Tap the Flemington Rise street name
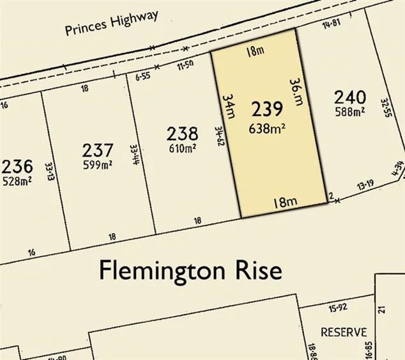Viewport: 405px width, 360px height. point(190,270)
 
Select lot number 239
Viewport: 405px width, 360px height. point(267,109)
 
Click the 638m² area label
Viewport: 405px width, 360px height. point(267,128)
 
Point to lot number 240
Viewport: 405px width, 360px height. point(350,98)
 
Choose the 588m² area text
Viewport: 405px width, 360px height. point(350,112)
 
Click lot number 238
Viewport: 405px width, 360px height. point(182,134)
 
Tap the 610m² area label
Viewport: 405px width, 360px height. point(182,148)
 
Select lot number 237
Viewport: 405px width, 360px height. point(98,151)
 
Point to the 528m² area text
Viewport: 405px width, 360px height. point(17,180)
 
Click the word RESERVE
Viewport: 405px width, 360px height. point(344,333)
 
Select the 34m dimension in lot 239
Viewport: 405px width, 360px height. point(227,106)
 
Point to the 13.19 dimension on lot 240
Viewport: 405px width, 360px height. point(365,186)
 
